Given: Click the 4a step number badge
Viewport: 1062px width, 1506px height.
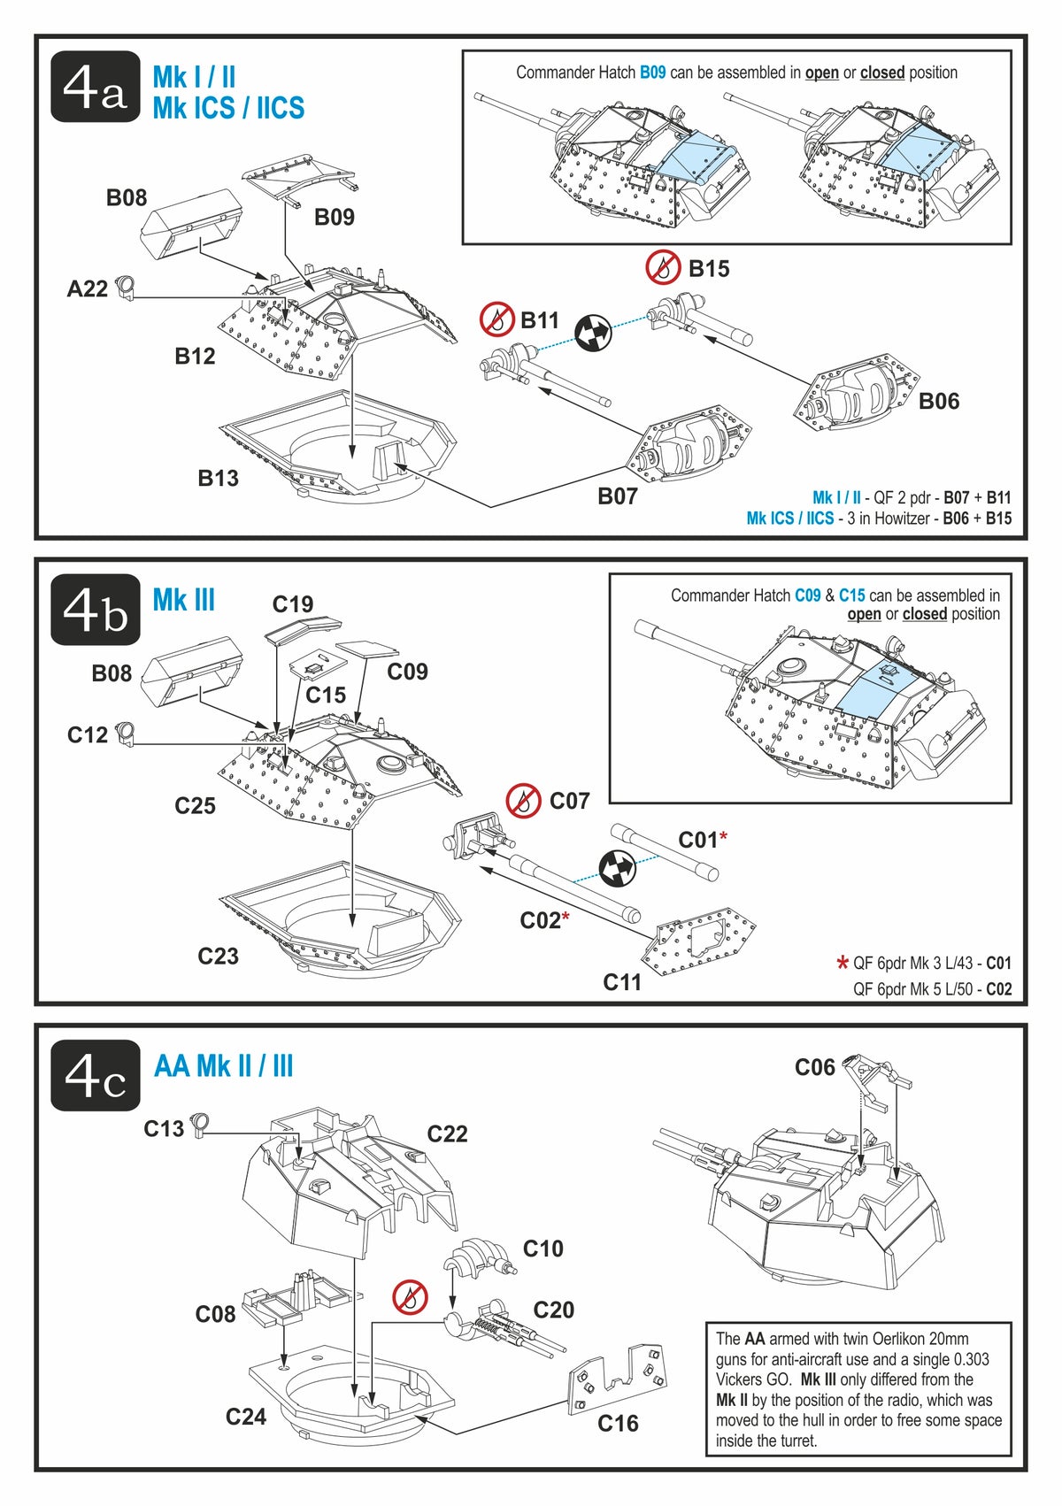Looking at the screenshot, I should point(96,87).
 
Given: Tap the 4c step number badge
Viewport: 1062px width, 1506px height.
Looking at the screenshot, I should point(96,1075).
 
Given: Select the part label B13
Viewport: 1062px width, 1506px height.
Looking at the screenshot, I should point(218,479).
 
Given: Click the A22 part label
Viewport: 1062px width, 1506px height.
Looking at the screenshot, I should point(87,289).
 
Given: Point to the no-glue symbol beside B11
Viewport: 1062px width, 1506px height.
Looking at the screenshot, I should point(497,319).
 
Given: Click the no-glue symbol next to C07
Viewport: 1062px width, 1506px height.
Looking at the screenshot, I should point(524,801).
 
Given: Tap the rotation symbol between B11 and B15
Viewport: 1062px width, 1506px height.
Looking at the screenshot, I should point(594,333).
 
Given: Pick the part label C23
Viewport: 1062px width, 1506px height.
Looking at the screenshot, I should point(218,957).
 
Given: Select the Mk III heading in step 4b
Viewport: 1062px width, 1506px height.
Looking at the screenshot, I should point(183,601).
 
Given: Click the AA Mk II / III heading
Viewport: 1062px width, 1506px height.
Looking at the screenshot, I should point(223,1066).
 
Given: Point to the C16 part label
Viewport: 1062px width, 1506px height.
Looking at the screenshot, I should point(618,1424).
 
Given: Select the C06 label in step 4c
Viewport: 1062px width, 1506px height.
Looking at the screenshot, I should point(814,1068).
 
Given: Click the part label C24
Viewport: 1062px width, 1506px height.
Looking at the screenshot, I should point(245,1417).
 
